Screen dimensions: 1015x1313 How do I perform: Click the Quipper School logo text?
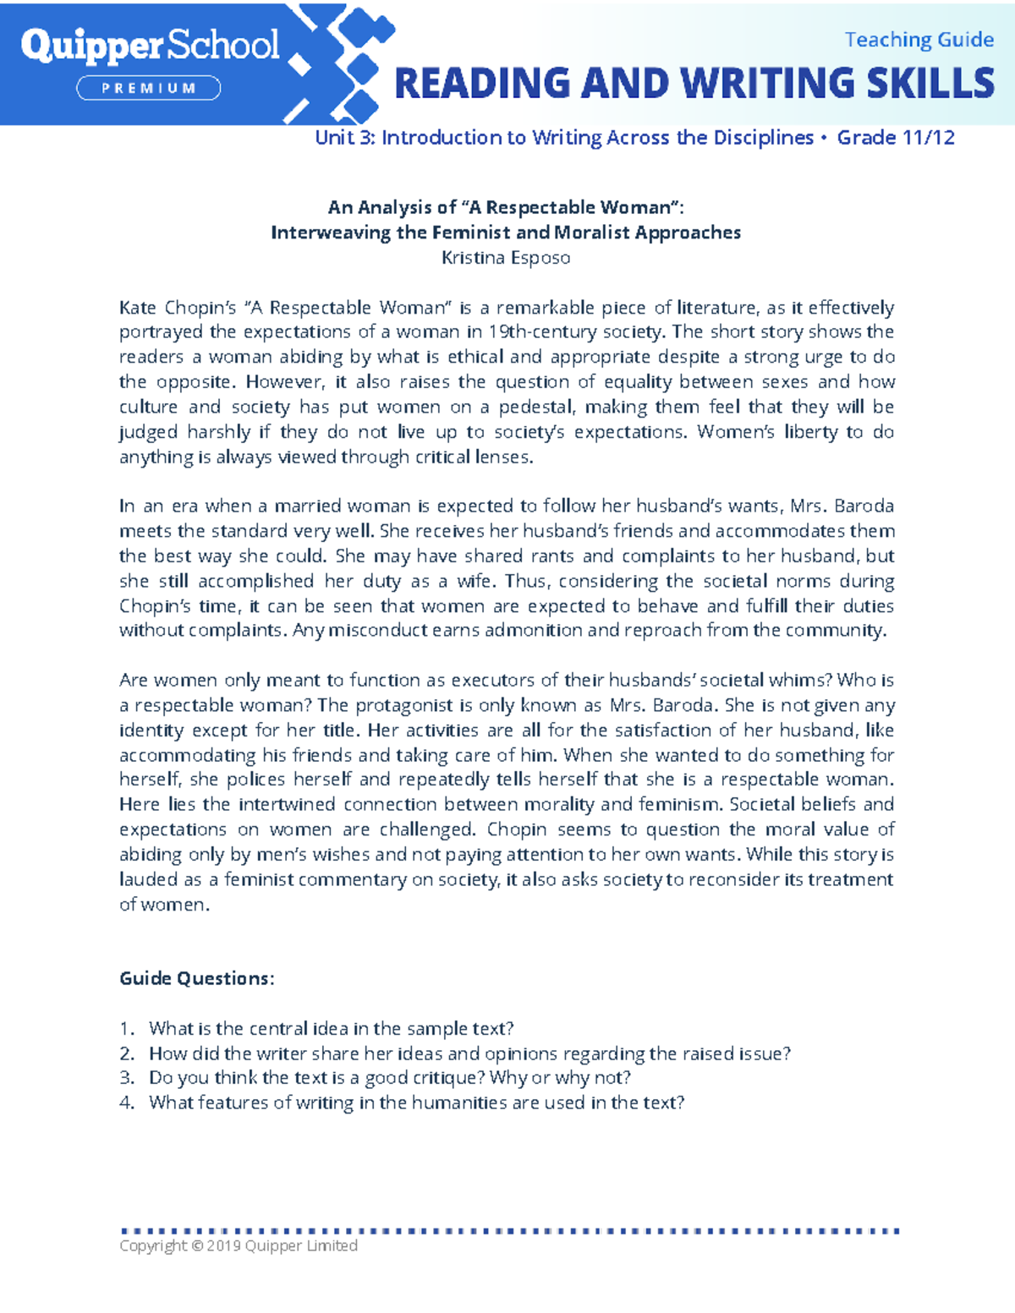pyautogui.click(x=150, y=46)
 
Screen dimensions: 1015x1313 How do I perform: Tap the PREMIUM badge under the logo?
pyautogui.click(x=149, y=88)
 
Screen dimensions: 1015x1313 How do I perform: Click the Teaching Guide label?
pyautogui.click(x=919, y=40)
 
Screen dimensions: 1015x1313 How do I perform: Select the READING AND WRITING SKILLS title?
pyautogui.click(x=694, y=84)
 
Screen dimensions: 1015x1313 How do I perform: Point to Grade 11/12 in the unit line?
pyautogui.click(x=896, y=138)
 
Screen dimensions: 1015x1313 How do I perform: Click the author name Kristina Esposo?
pyautogui.click(x=506, y=258)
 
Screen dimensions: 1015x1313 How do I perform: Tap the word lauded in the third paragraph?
pyautogui.click(x=147, y=880)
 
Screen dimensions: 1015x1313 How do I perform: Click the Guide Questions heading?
pyautogui.click(x=196, y=978)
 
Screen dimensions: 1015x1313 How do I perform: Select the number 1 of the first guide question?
pyautogui.click(x=125, y=1029)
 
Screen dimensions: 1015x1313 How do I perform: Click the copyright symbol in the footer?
pyautogui.click(x=197, y=1246)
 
